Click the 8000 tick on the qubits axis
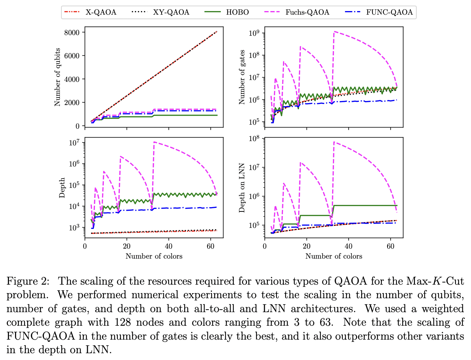tap(72, 32)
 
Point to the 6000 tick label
tap(72, 56)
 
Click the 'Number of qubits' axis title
tap(57, 77)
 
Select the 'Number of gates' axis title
tap(242, 77)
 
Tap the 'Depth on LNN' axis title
tap(242, 188)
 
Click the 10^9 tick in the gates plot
tap(254, 33)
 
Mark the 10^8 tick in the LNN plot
tap(254, 139)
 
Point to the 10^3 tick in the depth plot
tap(74, 227)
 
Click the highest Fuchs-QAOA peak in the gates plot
tap(334, 31)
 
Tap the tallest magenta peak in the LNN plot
tap(334, 142)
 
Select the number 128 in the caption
tap(122, 322)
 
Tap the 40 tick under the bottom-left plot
tap(169, 246)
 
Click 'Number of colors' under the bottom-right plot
tap(334, 256)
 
